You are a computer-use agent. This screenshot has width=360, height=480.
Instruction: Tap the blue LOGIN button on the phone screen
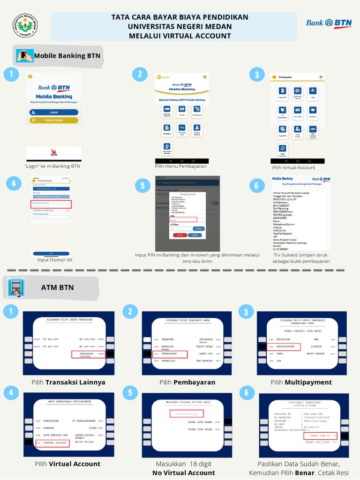[53, 112]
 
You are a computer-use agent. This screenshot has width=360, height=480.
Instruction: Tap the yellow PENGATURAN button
[53, 120]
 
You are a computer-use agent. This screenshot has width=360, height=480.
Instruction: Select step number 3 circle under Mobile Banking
[256, 75]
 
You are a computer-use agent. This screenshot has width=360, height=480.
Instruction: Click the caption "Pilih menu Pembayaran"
[180, 166]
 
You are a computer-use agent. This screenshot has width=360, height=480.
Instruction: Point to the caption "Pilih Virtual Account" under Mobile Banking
[293, 167]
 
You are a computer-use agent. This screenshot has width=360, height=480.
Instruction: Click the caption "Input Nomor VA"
[55, 260]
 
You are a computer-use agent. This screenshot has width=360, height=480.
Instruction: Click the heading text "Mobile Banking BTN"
[67, 56]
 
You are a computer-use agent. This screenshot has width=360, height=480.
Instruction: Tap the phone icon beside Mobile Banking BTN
[25, 56]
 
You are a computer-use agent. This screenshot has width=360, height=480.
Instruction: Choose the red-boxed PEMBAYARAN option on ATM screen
[170, 354]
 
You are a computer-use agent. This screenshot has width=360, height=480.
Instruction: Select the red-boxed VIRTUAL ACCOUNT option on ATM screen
[52, 442]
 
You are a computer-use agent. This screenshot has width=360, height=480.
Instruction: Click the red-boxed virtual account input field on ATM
[187, 413]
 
